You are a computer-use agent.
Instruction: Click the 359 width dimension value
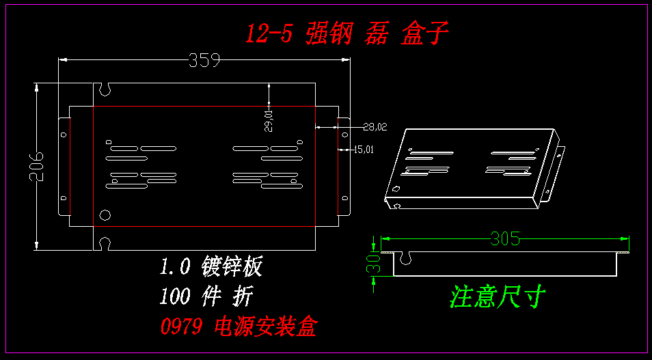(x=204, y=61)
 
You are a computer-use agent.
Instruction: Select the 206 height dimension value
(x=38, y=166)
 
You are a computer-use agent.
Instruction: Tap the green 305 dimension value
(x=505, y=239)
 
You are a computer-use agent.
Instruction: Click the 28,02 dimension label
(x=375, y=126)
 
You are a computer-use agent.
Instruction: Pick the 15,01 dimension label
(x=363, y=149)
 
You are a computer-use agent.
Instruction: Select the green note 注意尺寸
(x=497, y=296)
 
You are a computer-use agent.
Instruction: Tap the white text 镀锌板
(x=232, y=266)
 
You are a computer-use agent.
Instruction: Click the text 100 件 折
(x=206, y=296)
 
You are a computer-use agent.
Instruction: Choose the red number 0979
(x=181, y=327)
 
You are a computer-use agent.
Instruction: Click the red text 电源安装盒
(x=265, y=327)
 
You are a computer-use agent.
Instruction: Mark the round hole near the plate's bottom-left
(x=105, y=215)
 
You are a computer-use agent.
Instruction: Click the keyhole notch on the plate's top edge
(x=105, y=89)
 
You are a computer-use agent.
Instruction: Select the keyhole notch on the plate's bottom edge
(x=105, y=243)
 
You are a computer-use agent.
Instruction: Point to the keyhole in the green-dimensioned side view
(x=405, y=258)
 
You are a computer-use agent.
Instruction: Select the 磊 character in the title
(x=377, y=33)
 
